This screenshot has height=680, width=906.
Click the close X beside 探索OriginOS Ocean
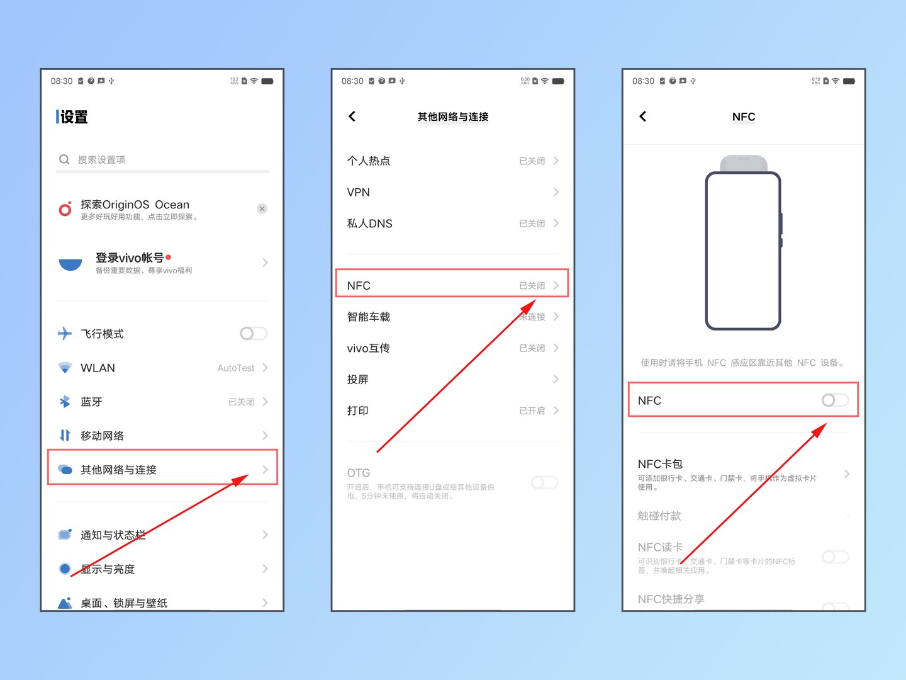(262, 209)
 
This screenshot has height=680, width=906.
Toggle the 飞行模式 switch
(254, 334)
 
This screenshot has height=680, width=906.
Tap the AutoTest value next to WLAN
(236, 368)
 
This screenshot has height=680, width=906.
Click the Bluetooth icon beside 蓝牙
(65, 402)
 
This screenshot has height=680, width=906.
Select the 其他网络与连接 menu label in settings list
(118, 470)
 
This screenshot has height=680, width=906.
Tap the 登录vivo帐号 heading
(130, 258)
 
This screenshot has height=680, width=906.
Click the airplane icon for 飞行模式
(65, 334)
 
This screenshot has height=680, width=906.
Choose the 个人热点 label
(369, 161)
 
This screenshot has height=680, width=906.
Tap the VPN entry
(359, 193)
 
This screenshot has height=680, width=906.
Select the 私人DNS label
(370, 224)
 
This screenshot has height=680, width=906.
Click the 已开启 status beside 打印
(532, 411)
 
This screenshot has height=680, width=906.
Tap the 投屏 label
(358, 380)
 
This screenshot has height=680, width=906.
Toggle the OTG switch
(544, 483)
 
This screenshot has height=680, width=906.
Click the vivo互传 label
(369, 348)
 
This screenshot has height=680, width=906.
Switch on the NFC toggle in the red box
(835, 400)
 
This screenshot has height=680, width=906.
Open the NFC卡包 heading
(660, 464)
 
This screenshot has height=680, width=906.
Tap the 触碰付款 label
(659, 516)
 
